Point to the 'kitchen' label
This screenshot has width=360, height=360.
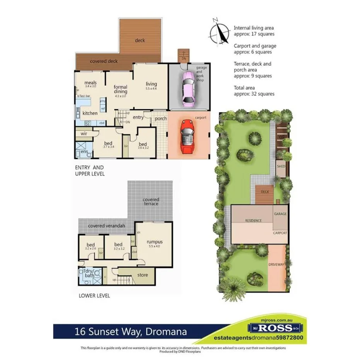(90, 113)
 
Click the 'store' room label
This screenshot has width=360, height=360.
(143, 275)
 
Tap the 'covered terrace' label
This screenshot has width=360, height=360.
(151, 202)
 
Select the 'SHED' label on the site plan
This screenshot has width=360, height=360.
(281, 166)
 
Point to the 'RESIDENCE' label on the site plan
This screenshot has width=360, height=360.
(253, 221)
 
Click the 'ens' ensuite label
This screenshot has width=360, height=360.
(84, 152)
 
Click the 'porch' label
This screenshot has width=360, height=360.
(161, 118)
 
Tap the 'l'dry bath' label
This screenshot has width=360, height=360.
(89, 273)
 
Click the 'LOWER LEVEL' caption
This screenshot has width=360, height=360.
(94, 296)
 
